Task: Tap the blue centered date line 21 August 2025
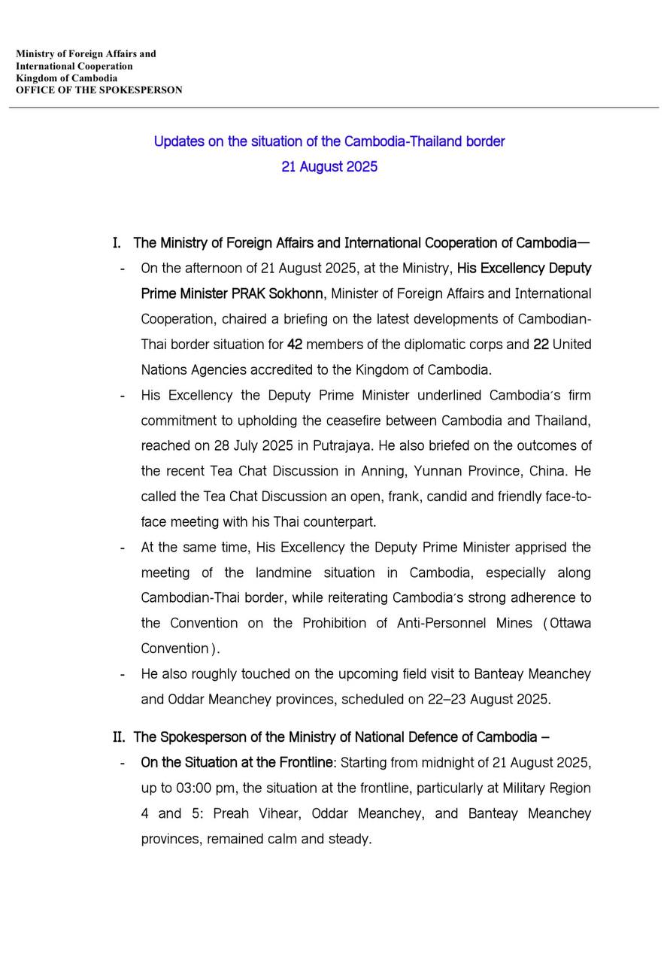pos(329,167)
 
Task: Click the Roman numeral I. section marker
pos(117,243)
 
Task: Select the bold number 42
pos(295,345)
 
